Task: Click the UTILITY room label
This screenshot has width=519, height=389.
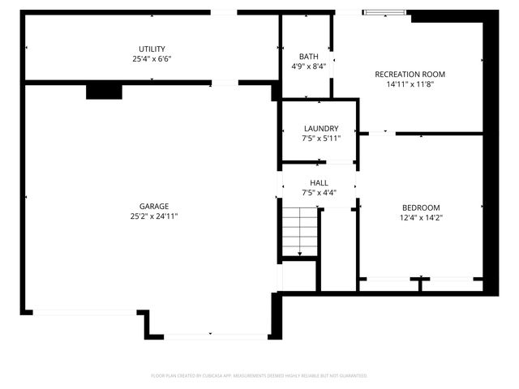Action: click(x=152, y=49)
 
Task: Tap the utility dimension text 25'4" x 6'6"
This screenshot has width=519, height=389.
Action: click(x=152, y=59)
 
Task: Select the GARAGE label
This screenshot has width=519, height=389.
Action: click(x=153, y=207)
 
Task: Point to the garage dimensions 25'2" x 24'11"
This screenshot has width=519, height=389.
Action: click(x=153, y=216)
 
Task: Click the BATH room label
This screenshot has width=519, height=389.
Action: click(x=308, y=57)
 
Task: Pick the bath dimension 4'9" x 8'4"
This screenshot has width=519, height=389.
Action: click(x=308, y=66)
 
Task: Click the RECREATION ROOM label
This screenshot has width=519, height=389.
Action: click(x=410, y=75)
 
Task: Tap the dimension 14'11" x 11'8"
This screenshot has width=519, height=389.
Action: click(x=410, y=84)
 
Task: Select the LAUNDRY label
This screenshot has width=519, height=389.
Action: click(x=320, y=129)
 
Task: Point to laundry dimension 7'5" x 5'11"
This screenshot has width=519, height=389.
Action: click(x=320, y=139)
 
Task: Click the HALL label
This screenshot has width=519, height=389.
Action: click(x=319, y=183)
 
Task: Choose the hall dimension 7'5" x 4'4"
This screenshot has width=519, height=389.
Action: click(x=319, y=193)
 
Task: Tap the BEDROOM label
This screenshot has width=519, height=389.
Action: click(x=420, y=207)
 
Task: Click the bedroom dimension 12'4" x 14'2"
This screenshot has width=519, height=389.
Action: click(x=420, y=217)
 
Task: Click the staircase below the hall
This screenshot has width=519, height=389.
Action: click(x=299, y=232)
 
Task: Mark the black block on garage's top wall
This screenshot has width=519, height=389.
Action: click(x=103, y=91)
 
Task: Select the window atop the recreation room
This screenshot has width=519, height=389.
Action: click(x=385, y=12)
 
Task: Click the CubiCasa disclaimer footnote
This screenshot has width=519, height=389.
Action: click(x=259, y=375)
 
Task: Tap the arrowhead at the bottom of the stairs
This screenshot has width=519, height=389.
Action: click(x=299, y=254)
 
